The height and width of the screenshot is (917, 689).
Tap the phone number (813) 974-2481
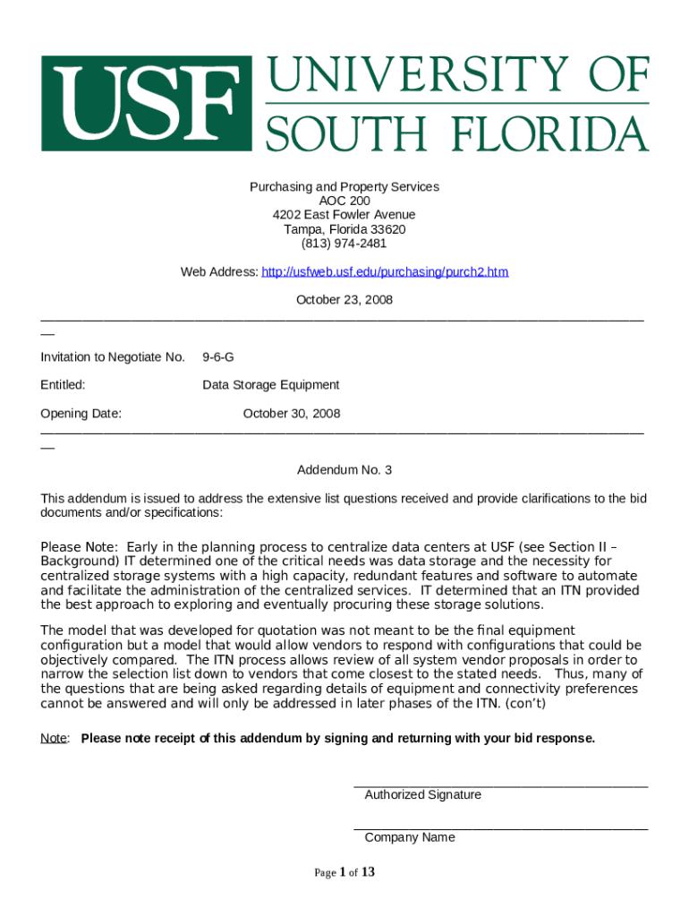[344, 244]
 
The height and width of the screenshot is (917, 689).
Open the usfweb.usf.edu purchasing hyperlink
[385, 271]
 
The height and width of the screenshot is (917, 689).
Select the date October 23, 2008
[344, 300]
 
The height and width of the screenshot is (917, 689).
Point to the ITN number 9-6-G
[218, 357]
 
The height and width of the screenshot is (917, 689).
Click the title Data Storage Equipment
[271, 385]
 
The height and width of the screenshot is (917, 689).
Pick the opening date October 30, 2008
[292, 414]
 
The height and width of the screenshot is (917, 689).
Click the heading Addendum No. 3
[344, 470]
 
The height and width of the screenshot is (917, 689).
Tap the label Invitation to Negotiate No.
[113, 357]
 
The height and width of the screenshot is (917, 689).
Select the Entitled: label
[63, 385]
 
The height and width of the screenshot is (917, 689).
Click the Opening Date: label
[81, 414]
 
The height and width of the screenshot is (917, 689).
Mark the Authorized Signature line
[501, 785]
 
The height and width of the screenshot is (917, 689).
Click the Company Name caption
[410, 837]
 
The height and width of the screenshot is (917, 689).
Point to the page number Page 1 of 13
[344, 872]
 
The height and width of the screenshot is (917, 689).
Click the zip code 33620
[387, 229]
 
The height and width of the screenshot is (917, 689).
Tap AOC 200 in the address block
[344, 201]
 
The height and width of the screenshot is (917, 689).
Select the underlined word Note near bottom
[54, 739]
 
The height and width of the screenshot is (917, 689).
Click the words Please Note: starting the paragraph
[79, 547]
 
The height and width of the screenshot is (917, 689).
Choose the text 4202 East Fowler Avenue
[344, 215]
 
